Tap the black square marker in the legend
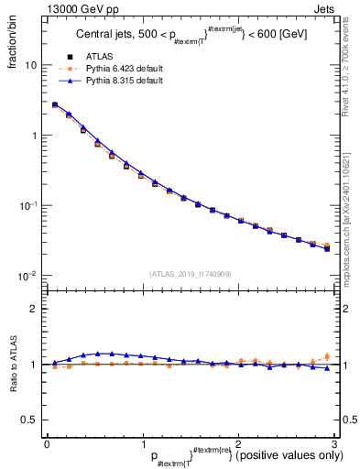[x=71, y=57]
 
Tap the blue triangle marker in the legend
[x=71, y=81]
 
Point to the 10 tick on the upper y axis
[x=31, y=66]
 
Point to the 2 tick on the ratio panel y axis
[x=34, y=309]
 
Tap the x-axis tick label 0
[x=46, y=443]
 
